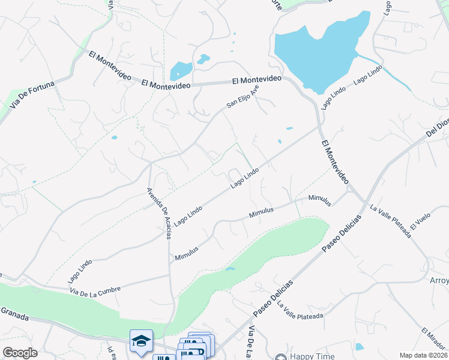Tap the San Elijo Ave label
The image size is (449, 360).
click(x=243, y=96)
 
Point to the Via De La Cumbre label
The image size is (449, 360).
click(x=95, y=289)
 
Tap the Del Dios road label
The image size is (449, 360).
click(x=437, y=128)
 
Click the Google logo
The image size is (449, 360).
click(x=20, y=353)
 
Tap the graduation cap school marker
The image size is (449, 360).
click(x=141, y=341)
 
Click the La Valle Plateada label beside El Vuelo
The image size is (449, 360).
click(x=391, y=221)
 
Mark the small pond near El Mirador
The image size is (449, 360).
click(x=359, y=346)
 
